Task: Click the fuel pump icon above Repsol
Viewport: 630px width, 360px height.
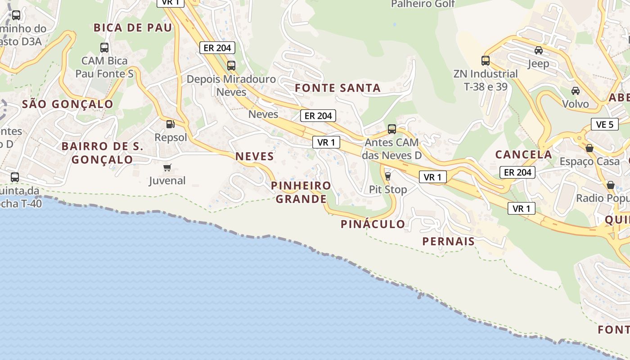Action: pos(170,124)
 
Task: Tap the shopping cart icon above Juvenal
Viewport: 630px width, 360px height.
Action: pos(167,168)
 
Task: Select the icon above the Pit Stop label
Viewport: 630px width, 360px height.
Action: pos(388,176)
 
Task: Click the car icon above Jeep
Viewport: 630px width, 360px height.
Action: pos(538,50)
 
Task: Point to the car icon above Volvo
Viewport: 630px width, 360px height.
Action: pos(575,91)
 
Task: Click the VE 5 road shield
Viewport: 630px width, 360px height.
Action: pos(604,125)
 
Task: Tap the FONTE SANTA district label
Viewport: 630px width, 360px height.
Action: pos(337,88)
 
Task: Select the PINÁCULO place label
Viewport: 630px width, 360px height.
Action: pos(373,224)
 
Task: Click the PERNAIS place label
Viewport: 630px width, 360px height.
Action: pos(448,241)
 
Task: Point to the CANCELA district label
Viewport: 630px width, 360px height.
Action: pos(523,154)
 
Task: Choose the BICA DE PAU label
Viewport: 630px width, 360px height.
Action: pos(133,28)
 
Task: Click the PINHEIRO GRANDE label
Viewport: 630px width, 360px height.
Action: pos(301,192)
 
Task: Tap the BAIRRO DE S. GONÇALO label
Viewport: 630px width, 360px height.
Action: pos(103,153)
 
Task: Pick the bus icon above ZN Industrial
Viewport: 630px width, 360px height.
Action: pos(485,61)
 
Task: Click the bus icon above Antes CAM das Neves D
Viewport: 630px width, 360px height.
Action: pos(391,129)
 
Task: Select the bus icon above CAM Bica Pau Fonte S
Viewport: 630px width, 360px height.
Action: pos(104,47)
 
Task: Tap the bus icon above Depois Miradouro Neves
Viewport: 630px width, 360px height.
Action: pos(231,66)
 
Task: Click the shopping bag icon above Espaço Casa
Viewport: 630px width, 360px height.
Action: pos(589,148)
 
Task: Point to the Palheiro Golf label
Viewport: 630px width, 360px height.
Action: pos(423,4)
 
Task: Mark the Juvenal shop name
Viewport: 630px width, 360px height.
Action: pos(167,181)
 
